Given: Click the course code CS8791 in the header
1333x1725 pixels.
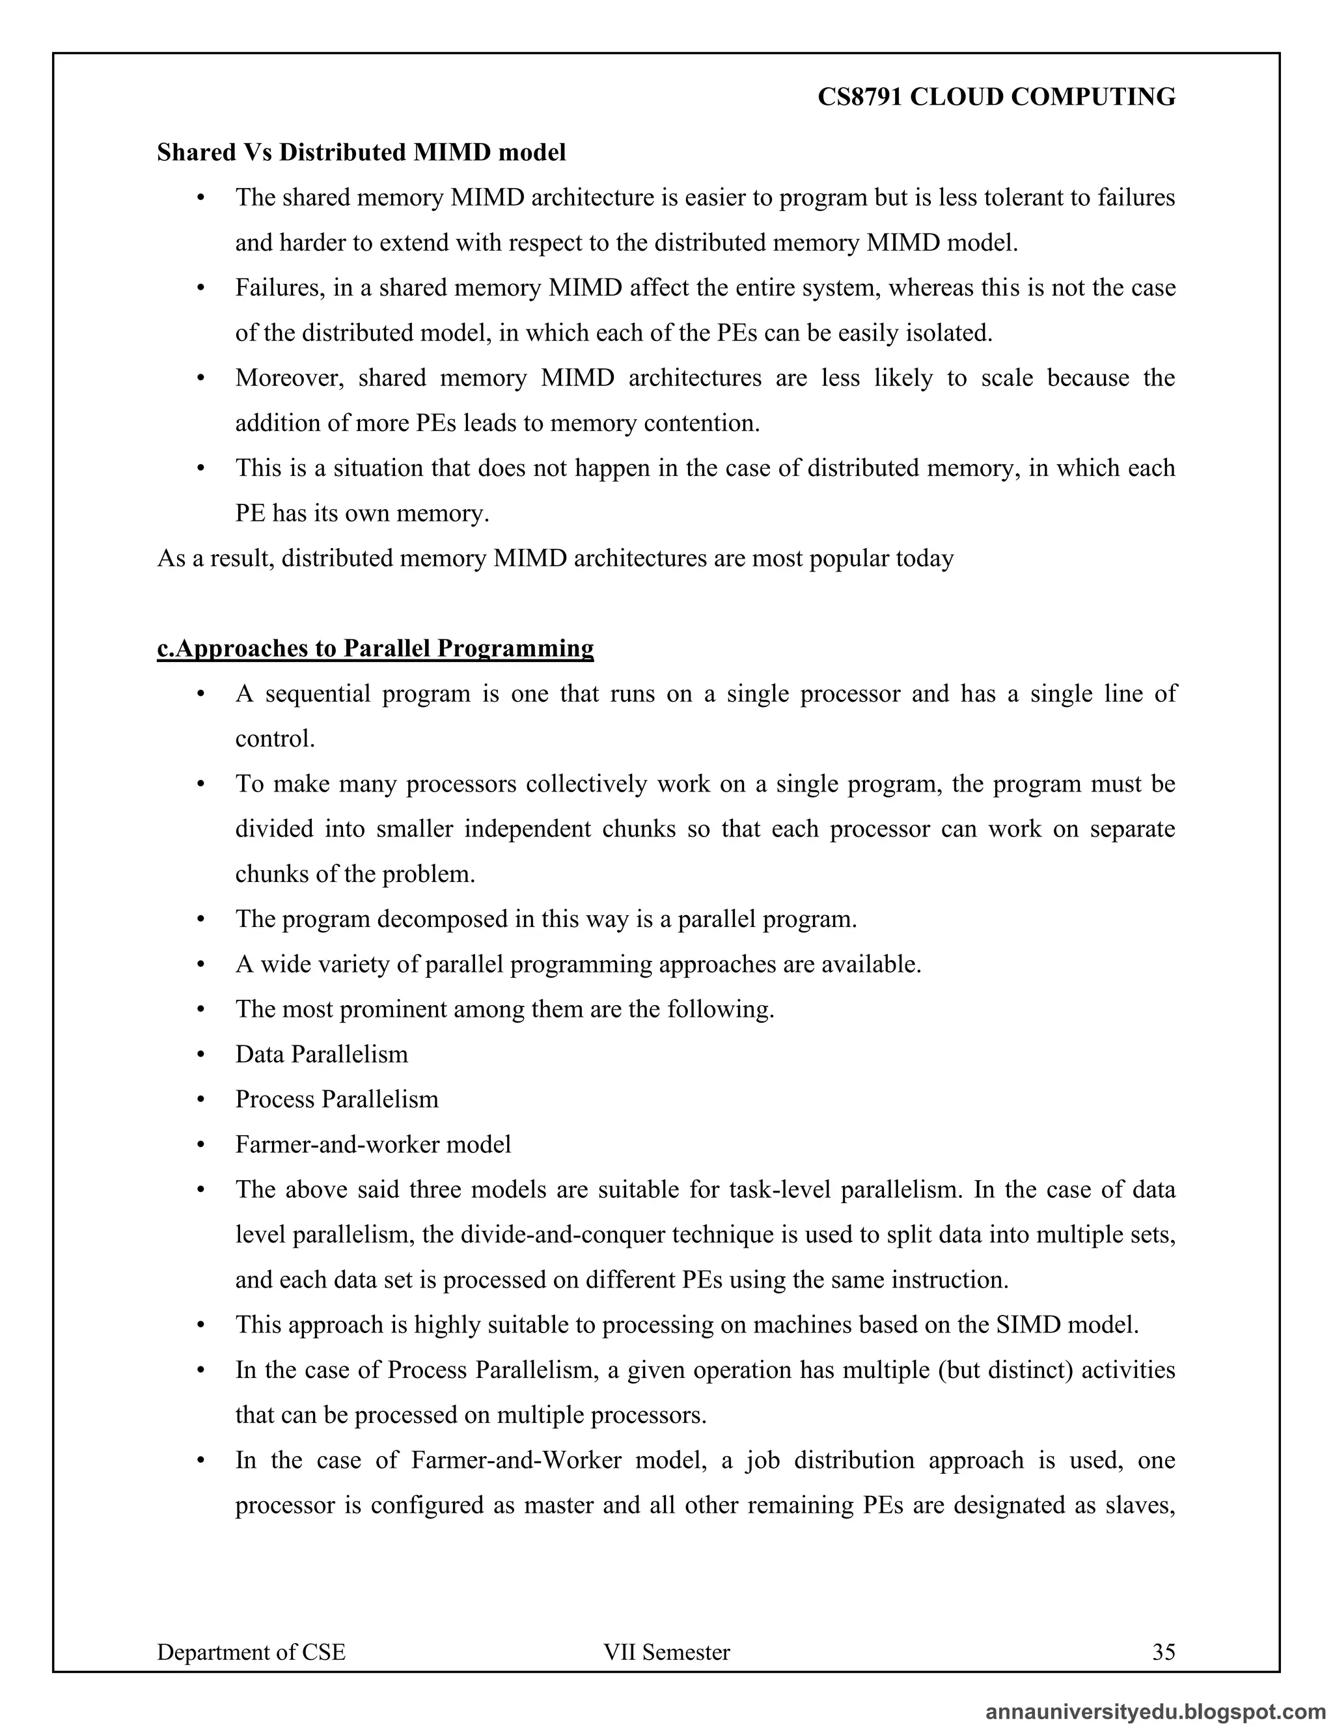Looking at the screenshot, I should pos(860,97).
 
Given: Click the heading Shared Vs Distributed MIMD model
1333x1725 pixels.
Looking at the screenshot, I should pos(361,152).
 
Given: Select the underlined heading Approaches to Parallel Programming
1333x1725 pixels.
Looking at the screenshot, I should pos(375,648).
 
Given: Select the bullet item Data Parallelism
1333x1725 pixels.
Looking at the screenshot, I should pos(322,1055).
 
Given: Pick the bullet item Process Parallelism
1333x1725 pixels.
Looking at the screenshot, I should pos(337,1099).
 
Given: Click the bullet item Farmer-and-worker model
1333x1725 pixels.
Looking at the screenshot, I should pos(373,1144).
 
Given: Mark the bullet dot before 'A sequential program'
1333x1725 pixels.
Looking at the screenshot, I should pos(200,695).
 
